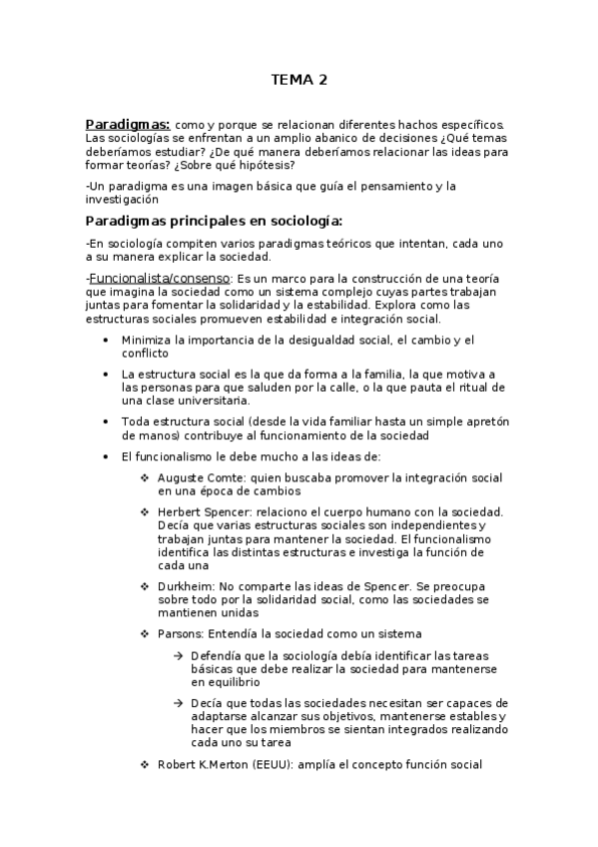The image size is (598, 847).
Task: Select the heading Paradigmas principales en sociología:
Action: point(214,221)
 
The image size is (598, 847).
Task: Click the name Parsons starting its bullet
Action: point(180,633)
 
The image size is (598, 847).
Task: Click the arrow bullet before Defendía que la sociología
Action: point(177,655)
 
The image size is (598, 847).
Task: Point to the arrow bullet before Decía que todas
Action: point(177,703)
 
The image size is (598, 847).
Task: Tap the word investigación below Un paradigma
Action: point(123,199)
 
